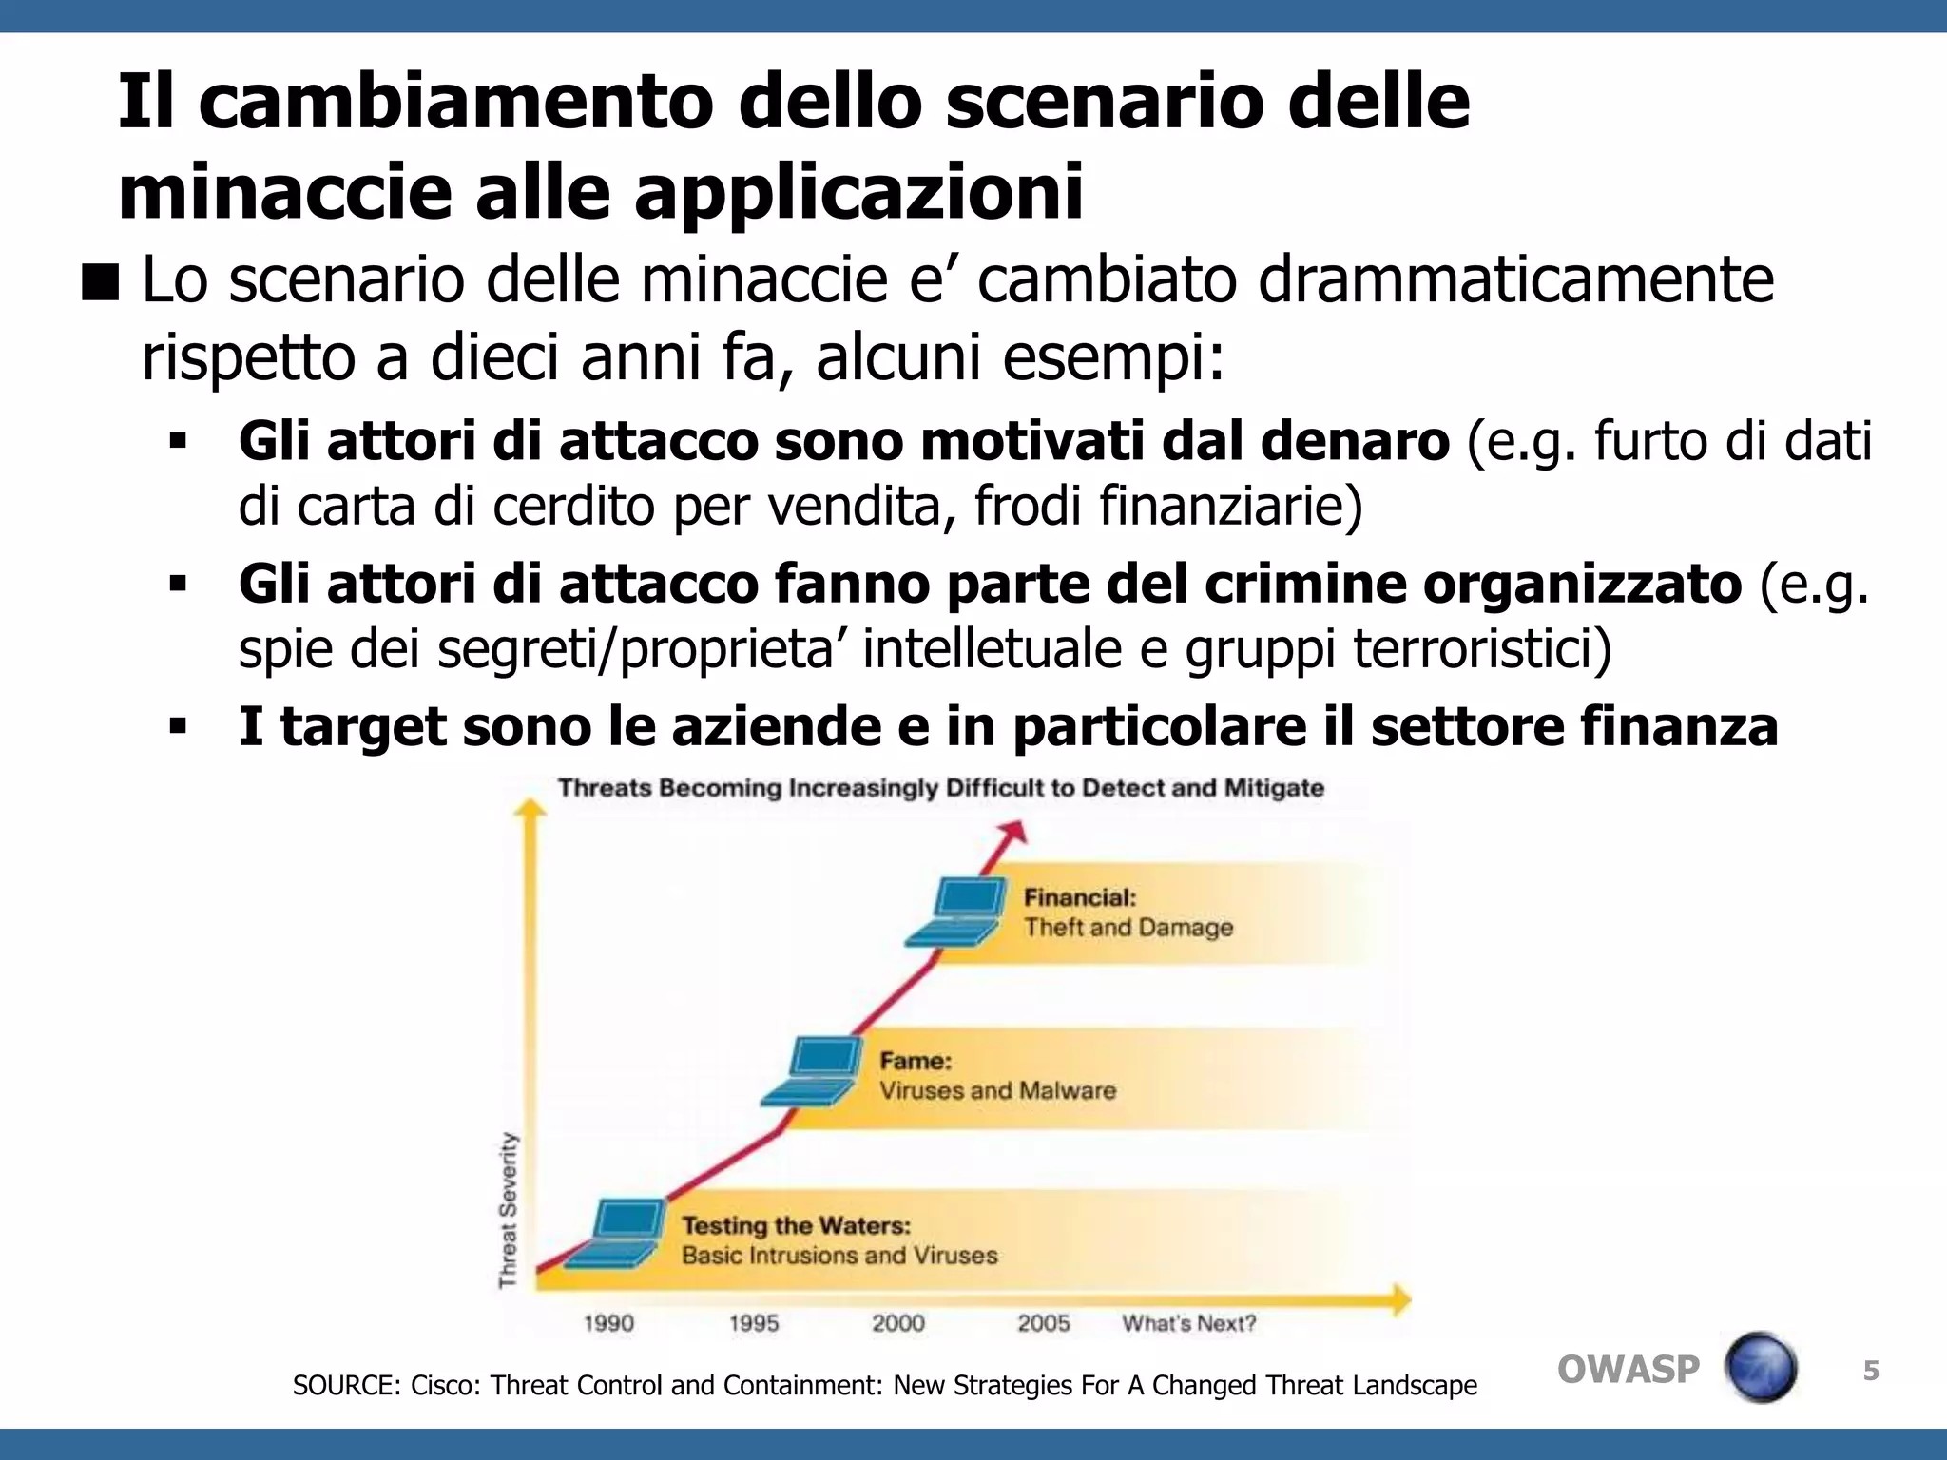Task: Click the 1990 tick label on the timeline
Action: pyautogui.click(x=608, y=1323)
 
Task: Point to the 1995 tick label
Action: pyautogui.click(x=754, y=1323)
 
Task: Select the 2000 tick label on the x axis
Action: pyautogui.click(x=898, y=1323)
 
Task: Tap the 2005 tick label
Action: pyautogui.click(x=1044, y=1323)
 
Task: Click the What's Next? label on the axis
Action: pyautogui.click(x=1189, y=1323)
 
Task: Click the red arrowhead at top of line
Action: pyautogui.click(x=1015, y=833)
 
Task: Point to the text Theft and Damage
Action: pyautogui.click(x=1128, y=928)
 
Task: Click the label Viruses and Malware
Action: pyautogui.click(x=997, y=1090)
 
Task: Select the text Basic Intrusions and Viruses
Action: pyautogui.click(x=839, y=1256)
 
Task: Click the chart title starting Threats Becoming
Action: pyautogui.click(x=940, y=788)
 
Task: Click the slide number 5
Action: pyautogui.click(x=1871, y=1371)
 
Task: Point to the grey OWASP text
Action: pyautogui.click(x=1628, y=1370)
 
